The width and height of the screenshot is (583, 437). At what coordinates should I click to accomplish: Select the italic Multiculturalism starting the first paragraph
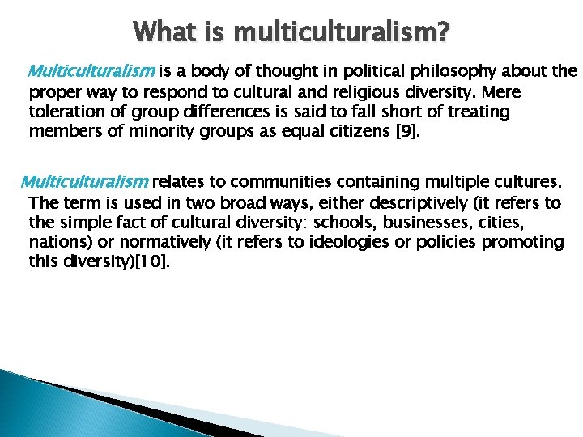[x=92, y=71]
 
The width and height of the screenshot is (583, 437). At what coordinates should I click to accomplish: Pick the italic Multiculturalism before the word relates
[x=84, y=180]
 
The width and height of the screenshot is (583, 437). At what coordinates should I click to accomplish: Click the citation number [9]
[x=404, y=130]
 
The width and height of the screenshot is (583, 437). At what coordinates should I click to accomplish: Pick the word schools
[x=369, y=221]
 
